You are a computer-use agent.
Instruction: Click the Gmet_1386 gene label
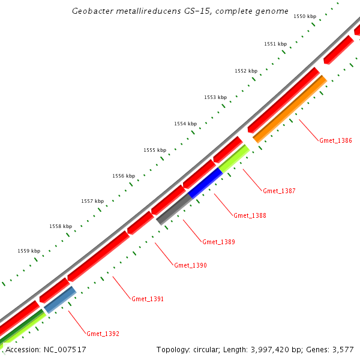tap(335, 140)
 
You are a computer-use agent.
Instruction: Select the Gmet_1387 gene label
tap(279, 191)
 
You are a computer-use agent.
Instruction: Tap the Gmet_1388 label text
tap(250, 215)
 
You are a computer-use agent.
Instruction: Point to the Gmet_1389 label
tap(218, 242)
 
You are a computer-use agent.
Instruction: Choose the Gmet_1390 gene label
tap(190, 265)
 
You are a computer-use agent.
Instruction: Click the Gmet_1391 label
tap(148, 299)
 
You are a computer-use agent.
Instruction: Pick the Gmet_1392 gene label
tap(103, 334)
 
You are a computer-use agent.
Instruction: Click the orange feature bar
tap(289, 109)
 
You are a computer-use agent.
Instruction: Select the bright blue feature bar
tap(206, 184)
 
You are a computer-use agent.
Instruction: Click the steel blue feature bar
tap(60, 299)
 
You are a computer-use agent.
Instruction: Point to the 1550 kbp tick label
tap(305, 17)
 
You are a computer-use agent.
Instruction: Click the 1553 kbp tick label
tap(215, 97)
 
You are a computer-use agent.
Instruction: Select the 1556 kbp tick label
tap(124, 176)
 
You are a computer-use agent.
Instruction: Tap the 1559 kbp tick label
tap(29, 251)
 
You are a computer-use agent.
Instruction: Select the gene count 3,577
tap(343, 349)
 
